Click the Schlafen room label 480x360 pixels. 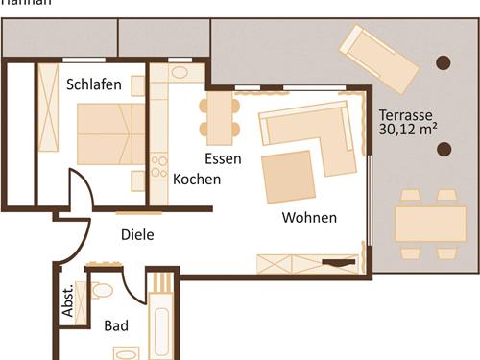pos(94,84)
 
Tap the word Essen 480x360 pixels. pos(223,158)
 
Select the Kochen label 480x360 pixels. pos(197,179)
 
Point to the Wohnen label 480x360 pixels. pos(309,218)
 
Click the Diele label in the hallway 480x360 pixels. pos(137,234)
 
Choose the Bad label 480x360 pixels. pos(116,326)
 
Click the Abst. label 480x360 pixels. pos(68,301)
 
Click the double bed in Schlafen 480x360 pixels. pos(109,134)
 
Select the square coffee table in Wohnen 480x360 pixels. pos(289,177)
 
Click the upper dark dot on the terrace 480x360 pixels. pos(443,62)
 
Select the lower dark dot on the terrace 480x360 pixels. pos(443,149)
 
